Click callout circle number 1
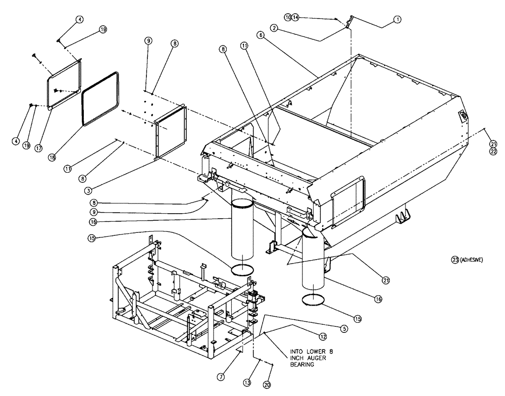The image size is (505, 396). tap(397, 19)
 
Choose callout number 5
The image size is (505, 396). tap(343, 328)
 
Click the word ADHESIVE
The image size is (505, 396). tap(472, 260)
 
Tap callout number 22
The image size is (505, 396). tap(493, 150)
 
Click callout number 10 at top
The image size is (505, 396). tap(288, 17)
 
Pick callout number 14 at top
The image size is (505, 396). tap(296, 17)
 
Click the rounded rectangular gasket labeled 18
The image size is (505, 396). tap(101, 97)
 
